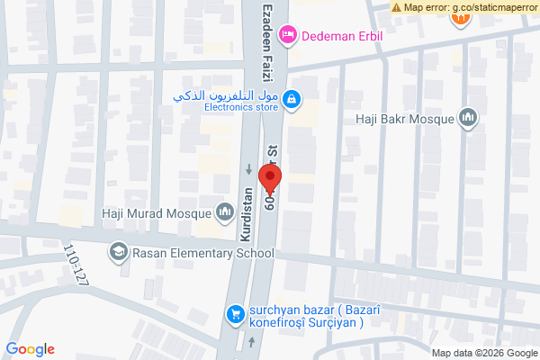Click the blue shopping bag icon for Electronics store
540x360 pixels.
(291, 99)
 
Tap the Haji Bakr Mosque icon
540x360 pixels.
(467, 118)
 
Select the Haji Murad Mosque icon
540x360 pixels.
(224, 212)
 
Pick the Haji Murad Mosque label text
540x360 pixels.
(154, 213)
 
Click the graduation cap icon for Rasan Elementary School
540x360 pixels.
(117, 253)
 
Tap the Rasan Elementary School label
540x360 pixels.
(203, 253)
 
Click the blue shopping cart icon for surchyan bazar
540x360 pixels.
(235, 313)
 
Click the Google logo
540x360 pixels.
(31, 349)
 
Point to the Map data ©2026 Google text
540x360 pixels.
(482, 352)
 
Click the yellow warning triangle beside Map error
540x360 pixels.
(397, 7)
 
